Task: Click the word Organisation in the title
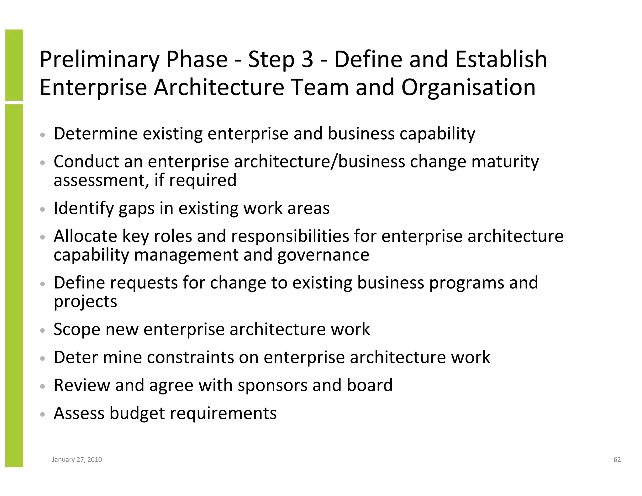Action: pos(468,87)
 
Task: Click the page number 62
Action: pos(617,460)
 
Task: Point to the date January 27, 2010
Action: pos(77,460)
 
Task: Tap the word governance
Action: pos(323,255)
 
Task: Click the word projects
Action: pos(85,302)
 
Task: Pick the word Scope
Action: pos(77,329)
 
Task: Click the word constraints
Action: pos(190,357)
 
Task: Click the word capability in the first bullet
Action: pos(437,134)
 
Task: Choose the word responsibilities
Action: pos(290,236)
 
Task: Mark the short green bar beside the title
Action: pos(14,65)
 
